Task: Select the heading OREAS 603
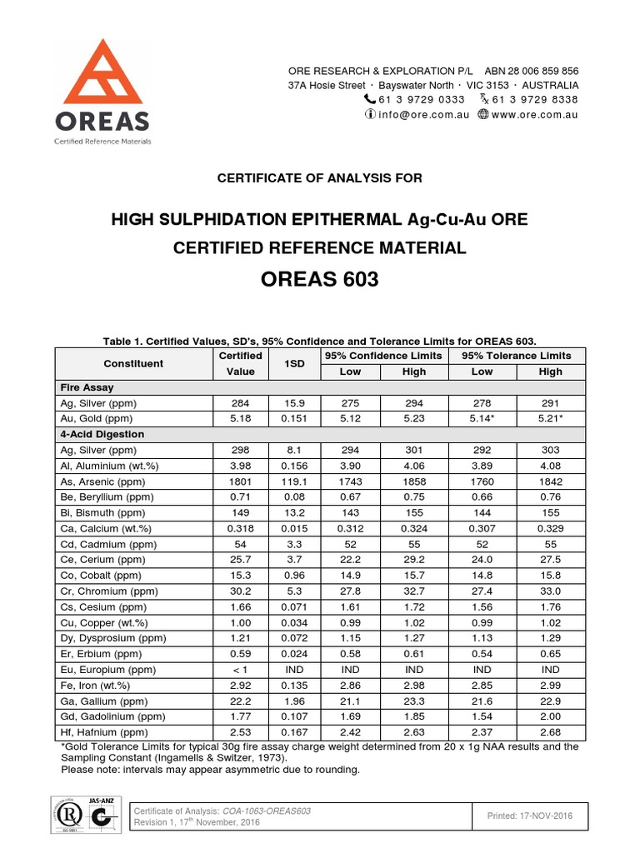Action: [x=320, y=279]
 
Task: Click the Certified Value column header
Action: [x=240, y=363]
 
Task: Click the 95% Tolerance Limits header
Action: [x=517, y=356]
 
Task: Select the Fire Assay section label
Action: [x=87, y=387]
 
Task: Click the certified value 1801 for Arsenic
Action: [x=240, y=481]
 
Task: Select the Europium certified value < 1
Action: [x=240, y=670]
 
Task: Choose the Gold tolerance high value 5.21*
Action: [x=550, y=418]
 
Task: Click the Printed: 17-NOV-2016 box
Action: [x=531, y=816]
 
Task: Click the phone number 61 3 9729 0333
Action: [x=422, y=99]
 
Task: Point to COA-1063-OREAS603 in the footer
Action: [x=266, y=811]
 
